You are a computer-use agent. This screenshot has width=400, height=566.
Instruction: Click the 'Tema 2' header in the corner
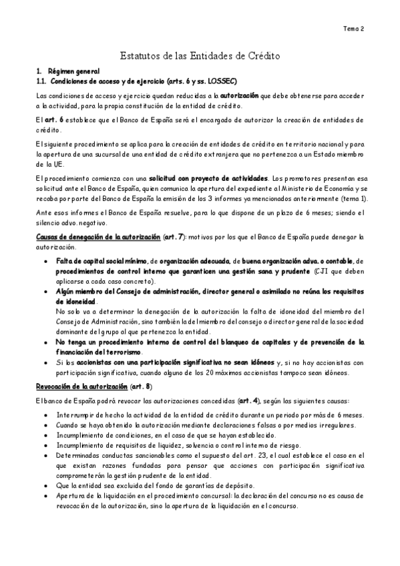click(x=353, y=29)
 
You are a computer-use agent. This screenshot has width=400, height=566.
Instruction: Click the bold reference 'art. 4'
click(x=247, y=400)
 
